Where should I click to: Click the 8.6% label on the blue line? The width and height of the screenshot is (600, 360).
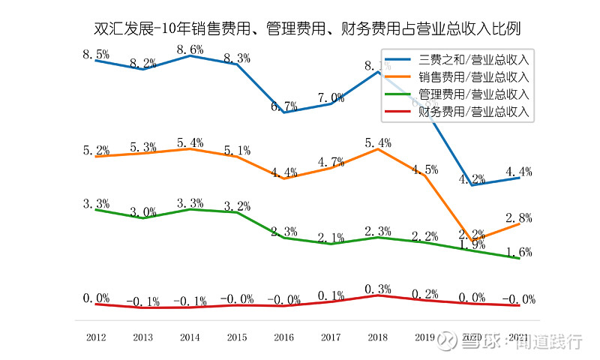[x=190, y=49]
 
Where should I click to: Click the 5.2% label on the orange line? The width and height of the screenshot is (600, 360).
[x=96, y=150]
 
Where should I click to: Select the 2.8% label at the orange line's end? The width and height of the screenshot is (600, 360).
[x=519, y=218]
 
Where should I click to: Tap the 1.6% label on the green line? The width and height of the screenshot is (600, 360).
[x=519, y=252]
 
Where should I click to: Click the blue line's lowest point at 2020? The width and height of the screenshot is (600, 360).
[x=472, y=184]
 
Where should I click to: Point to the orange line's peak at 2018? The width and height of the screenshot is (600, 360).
[x=378, y=148]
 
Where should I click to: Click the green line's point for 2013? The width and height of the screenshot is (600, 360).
[x=143, y=218]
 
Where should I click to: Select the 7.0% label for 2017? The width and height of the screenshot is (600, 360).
[x=331, y=97]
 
